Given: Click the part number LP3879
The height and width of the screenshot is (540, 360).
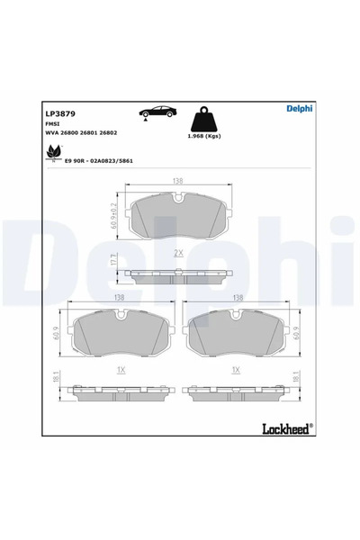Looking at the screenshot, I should coord(59,114).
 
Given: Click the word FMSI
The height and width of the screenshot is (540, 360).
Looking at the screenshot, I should coord(52,124).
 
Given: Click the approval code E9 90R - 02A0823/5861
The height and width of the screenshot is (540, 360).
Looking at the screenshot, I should coord(99,159).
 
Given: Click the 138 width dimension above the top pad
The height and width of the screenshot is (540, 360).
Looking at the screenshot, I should coord(178,181).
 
